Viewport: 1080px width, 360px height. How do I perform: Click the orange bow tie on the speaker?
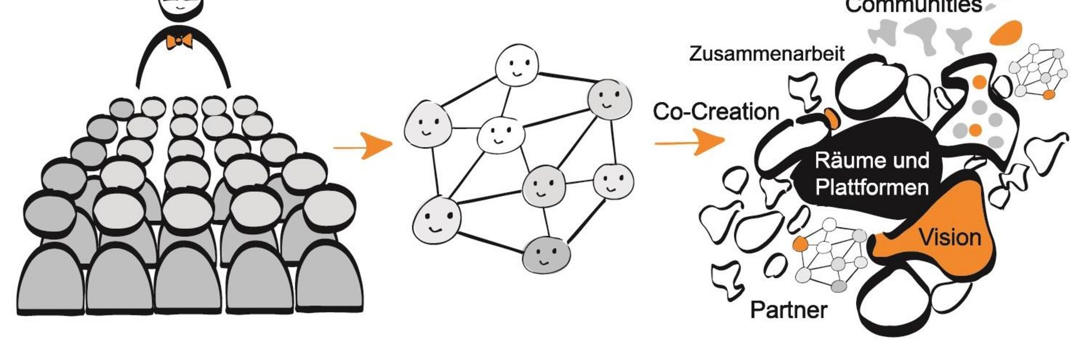179,41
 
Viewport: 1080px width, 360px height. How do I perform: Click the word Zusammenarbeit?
766,54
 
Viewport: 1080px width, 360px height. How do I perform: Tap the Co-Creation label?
715,111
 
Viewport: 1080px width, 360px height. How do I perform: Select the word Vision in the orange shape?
950,237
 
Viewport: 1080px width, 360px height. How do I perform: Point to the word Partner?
788,310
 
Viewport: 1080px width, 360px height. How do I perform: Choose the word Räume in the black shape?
844,160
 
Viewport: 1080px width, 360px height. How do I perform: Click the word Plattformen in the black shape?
872,187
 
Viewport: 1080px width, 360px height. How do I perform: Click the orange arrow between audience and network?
363,147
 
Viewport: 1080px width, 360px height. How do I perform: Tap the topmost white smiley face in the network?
517,65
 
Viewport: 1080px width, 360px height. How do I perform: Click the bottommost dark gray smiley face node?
546,254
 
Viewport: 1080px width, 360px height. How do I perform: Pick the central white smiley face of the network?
500,134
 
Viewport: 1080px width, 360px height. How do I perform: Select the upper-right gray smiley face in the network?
609,99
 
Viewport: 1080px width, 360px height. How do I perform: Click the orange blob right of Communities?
1006,32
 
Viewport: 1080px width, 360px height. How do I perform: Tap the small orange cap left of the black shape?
832,118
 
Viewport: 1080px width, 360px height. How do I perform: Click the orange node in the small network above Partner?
800,243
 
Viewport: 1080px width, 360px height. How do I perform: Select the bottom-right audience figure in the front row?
329,277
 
